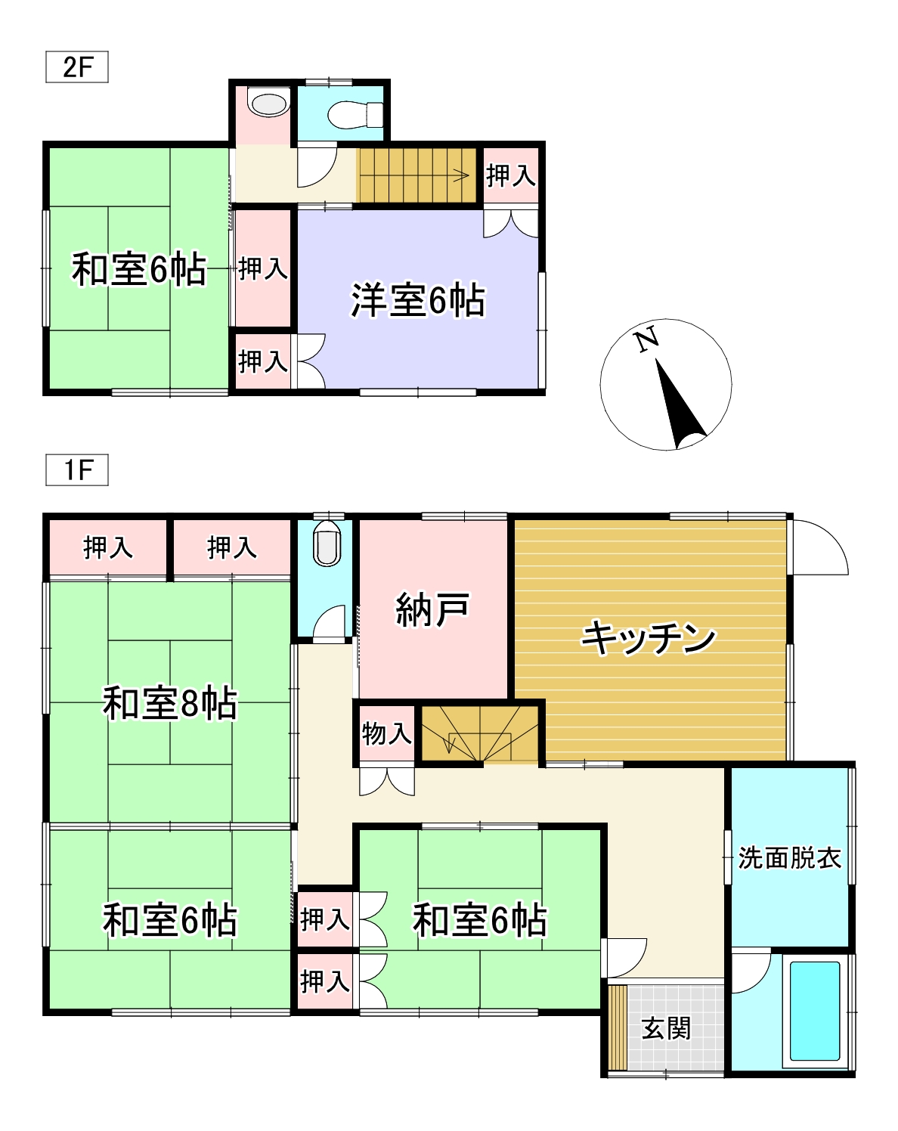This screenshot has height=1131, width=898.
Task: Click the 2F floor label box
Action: click(77, 67)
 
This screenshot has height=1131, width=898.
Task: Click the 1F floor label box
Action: click(77, 469)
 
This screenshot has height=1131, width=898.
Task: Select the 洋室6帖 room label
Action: click(418, 300)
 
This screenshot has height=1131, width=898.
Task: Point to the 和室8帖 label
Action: click(170, 703)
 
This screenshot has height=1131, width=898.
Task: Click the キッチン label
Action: click(649, 637)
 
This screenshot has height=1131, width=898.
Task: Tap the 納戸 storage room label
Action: click(432, 609)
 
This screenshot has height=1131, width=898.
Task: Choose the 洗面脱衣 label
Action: click(790, 858)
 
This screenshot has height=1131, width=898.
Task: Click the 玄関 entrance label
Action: click(666, 1028)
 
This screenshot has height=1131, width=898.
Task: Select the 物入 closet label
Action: click(386, 733)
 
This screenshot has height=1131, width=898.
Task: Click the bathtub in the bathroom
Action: click(815, 1010)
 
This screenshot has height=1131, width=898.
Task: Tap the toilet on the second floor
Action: click(355, 114)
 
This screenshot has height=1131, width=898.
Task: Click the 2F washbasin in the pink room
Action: click(269, 103)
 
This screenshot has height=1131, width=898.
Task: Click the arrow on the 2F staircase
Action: click(460, 177)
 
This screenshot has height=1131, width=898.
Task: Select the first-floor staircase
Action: click(481, 733)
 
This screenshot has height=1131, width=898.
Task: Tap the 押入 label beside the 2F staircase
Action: click(510, 175)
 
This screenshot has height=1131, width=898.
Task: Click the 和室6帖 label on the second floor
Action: click(139, 269)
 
